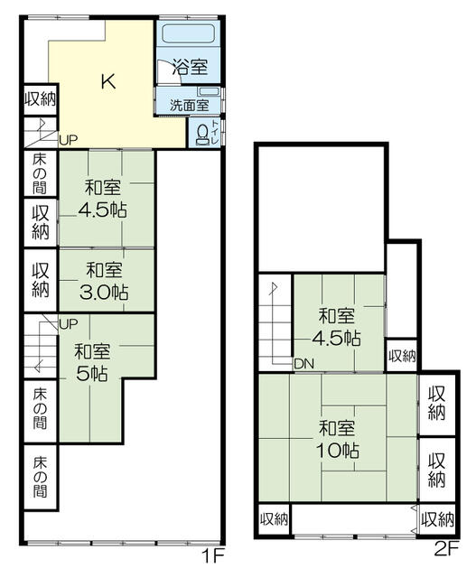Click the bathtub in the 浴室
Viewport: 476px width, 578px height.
click(x=189, y=33)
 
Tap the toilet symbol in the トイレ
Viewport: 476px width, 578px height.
click(x=202, y=135)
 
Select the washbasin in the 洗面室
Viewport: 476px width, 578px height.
click(x=209, y=91)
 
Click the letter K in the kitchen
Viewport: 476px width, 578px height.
click(x=108, y=81)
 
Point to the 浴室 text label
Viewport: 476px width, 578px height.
click(x=190, y=67)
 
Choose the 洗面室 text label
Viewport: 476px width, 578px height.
click(x=189, y=106)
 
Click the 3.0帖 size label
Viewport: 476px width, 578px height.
click(x=104, y=293)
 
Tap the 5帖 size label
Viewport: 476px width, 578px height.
click(x=92, y=373)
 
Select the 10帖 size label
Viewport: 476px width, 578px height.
click(x=338, y=450)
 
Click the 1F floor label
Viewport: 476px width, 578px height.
click(x=213, y=556)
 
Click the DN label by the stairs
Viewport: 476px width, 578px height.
click(x=304, y=364)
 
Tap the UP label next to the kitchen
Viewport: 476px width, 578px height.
click(x=69, y=140)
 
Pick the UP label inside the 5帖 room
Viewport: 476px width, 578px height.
click(x=69, y=324)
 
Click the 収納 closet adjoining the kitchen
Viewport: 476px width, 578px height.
click(x=40, y=99)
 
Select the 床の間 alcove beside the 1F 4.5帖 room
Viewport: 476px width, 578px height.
click(x=40, y=173)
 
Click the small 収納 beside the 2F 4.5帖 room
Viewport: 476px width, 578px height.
click(x=402, y=356)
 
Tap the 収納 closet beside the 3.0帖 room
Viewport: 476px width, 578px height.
click(x=40, y=280)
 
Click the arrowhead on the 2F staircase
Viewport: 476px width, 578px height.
click(x=275, y=288)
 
